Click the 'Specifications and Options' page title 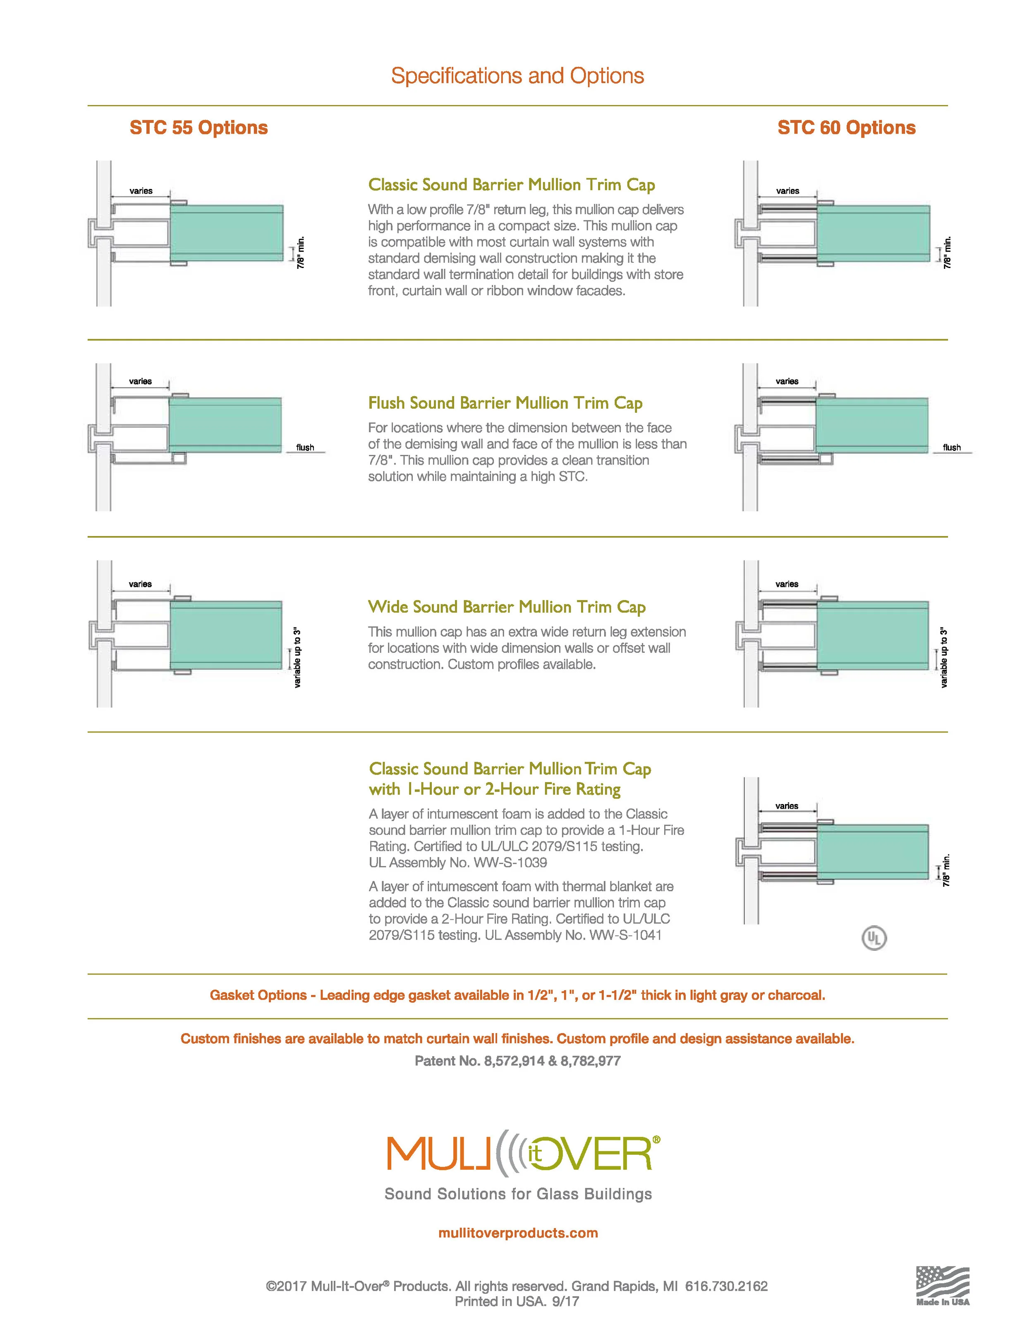pos(517,76)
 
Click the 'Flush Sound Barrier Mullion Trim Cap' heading pos(505,403)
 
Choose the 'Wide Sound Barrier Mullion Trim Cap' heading pos(507,607)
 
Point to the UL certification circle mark pos(874,938)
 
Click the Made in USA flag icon pos(942,1283)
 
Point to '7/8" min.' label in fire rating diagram pos(946,870)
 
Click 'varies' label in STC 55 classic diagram pos(141,191)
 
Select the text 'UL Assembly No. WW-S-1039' pos(457,863)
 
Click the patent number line pos(517,1061)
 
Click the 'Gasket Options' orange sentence pos(517,996)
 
